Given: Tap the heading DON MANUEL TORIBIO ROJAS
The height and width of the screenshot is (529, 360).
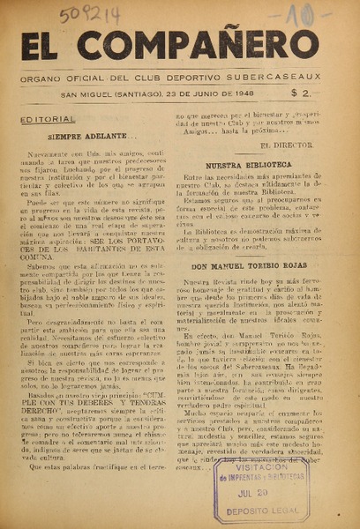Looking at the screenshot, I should point(249,265).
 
